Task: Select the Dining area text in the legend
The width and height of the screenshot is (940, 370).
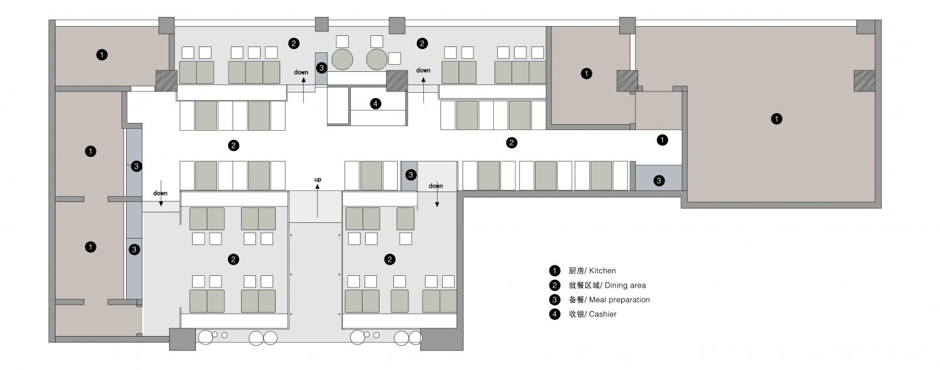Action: click(625, 285)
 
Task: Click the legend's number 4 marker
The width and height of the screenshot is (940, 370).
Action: click(555, 314)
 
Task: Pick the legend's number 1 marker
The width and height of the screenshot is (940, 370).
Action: click(555, 271)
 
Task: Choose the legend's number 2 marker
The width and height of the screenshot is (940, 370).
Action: click(555, 285)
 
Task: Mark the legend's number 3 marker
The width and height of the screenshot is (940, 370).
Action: click(555, 299)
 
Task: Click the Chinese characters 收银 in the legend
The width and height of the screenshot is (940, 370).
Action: click(576, 314)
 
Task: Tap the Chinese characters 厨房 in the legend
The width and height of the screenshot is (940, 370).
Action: click(576, 271)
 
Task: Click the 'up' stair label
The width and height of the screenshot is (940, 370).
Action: click(318, 179)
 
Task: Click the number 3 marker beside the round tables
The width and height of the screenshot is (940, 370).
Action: click(321, 67)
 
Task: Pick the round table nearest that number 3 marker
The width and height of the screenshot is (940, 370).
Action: click(342, 59)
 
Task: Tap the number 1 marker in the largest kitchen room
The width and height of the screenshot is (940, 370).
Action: click(776, 119)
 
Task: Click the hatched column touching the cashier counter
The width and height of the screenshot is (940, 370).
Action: click(396, 81)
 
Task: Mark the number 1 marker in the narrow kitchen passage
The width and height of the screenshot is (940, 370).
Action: click(662, 139)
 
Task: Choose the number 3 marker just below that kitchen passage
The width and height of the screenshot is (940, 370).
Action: click(659, 180)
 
